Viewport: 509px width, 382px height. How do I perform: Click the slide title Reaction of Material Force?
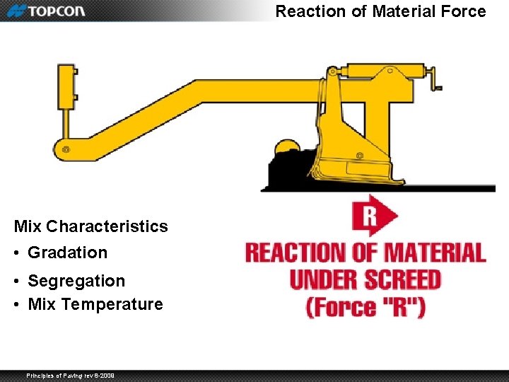[x=380, y=11]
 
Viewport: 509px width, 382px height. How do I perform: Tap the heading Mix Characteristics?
[x=90, y=226]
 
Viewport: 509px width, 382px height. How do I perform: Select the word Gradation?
[x=67, y=253]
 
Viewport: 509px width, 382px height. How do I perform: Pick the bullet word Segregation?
[x=76, y=281]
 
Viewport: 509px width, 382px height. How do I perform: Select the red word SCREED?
[x=404, y=279]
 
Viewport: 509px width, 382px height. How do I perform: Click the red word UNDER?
[x=322, y=279]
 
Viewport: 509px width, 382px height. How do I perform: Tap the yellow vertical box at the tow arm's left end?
[x=67, y=86]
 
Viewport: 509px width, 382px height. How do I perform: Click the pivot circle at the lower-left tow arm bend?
[x=66, y=149]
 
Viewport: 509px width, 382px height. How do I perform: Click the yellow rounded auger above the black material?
[x=286, y=146]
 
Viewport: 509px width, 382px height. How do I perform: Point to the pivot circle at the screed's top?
[x=332, y=71]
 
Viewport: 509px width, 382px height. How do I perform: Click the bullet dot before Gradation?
[x=18, y=253]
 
